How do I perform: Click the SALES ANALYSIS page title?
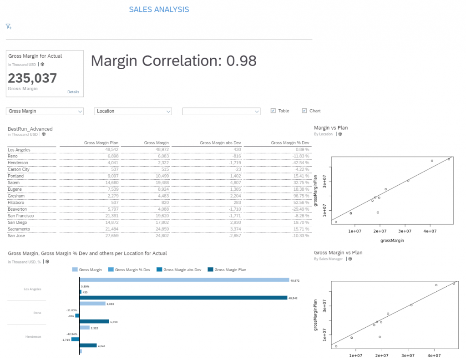pos(159,10)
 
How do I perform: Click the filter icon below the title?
pos(9,26)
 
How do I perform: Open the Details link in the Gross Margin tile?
pos(73,92)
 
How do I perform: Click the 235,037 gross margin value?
pos(32,78)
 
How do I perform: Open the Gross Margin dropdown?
pos(45,111)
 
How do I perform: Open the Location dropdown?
pos(132,111)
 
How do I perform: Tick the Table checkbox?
pos(273,111)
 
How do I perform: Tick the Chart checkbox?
pos(304,111)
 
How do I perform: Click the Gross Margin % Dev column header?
pos(290,143)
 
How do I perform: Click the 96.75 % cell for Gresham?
pos(300,196)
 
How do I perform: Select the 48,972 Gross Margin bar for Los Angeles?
pos(184,280)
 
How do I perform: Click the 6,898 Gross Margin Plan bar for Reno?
pos(94,321)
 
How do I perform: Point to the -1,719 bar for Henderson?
pos(76,340)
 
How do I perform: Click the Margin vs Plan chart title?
pos(331,128)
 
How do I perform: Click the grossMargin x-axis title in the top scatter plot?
pos(392,240)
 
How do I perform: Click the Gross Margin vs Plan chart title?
pos(338,253)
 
